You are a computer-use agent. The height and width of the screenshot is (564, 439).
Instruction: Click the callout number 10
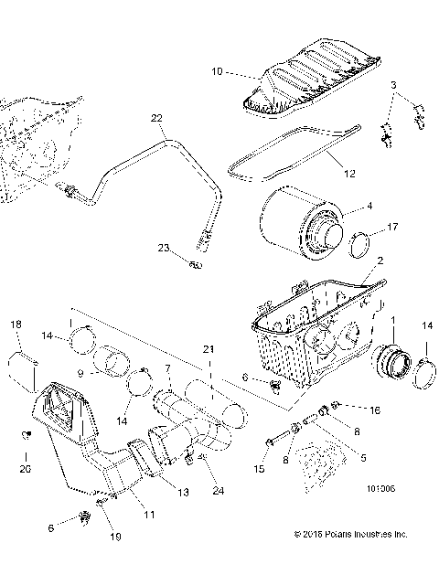[217, 70]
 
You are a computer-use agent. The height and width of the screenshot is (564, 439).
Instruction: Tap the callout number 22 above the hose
[156, 118]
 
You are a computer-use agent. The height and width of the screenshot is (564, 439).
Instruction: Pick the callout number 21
[209, 349]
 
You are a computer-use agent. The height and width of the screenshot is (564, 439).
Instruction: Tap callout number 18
[15, 325]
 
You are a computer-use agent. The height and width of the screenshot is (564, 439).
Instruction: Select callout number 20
[25, 469]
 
